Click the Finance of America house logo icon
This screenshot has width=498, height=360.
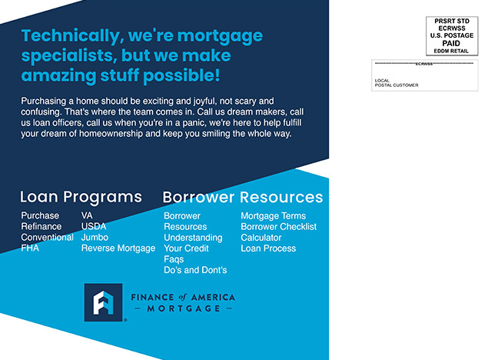point(103,302)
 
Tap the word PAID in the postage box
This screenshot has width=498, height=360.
point(451,43)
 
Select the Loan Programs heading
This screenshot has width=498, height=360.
point(81,197)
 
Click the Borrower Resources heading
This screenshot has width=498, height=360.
point(243,197)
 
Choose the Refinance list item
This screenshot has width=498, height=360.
point(41,226)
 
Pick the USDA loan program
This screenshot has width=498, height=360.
point(94,226)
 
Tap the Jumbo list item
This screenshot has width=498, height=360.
point(95,237)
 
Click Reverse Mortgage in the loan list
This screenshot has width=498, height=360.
point(118,248)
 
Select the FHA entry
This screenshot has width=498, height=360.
point(30,248)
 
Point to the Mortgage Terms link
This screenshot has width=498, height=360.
point(273,216)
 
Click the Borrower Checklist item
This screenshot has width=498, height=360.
point(278,227)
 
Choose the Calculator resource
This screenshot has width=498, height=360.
point(261,238)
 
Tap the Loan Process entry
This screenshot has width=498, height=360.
point(268,248)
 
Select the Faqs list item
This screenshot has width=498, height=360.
point(174,259)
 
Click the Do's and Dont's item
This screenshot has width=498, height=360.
point(195,270)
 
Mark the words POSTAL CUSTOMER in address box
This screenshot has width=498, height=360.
point(397,85)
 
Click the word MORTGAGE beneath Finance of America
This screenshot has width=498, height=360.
point(184,308)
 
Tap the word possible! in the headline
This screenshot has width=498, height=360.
point(181,76)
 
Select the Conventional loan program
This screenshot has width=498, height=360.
point(47,237)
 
